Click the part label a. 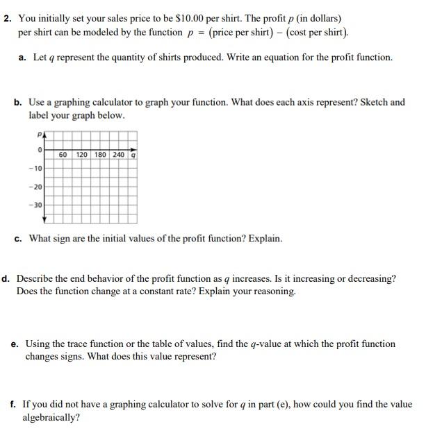click(23, 57)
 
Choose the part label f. click(13, 404)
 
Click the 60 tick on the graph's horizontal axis click(63, 154)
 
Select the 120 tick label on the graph click(82, 154)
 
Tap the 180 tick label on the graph click(100, 154)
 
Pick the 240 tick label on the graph click(118, 154)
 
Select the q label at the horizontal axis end click(133, 155)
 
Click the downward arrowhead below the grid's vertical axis click(45, 220)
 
